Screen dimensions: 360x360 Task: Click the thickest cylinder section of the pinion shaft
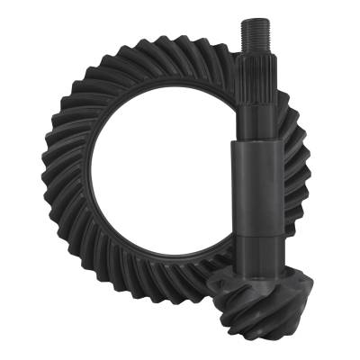pos(256,189)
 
